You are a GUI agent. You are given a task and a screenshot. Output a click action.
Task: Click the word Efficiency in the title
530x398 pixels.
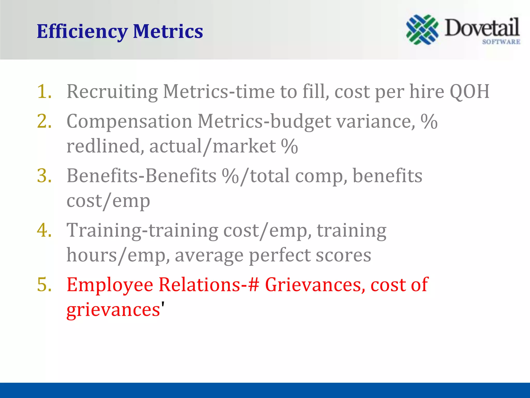coord(82,32)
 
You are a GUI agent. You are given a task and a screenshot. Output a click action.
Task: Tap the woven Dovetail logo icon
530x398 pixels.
coord(422,30)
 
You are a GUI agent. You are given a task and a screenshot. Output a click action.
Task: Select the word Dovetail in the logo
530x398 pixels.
coord(482,28)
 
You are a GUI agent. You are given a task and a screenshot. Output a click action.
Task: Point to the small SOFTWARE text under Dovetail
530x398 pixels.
coord(501,42)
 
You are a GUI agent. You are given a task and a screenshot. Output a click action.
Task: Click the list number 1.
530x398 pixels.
coord(44,91)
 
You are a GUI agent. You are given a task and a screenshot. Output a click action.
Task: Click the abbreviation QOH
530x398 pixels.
coord(469,91)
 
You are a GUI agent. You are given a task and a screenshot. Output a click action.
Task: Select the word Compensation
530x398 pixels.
coord(129,121)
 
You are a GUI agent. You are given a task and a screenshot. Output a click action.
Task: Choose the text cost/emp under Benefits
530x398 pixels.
coord(108,201)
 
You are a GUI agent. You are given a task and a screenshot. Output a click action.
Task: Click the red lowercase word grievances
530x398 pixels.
coord(113,310)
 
